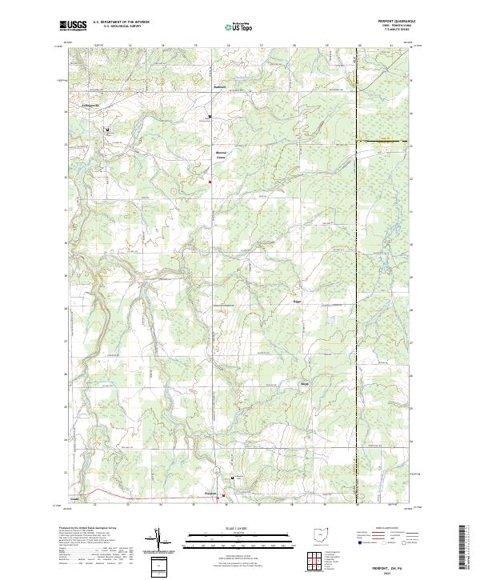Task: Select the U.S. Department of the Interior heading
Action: [x=121, y=22]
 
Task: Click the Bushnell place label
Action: [x=220, y=86]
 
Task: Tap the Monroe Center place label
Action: [x=221, y=154]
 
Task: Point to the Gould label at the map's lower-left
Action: [x=74, y=498]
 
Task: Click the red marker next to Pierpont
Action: [x=224, y=495]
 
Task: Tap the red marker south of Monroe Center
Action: [x=210, y=182]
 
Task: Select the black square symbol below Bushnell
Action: [x=210, y=118]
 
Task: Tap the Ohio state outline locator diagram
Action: [x=322, y=534]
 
